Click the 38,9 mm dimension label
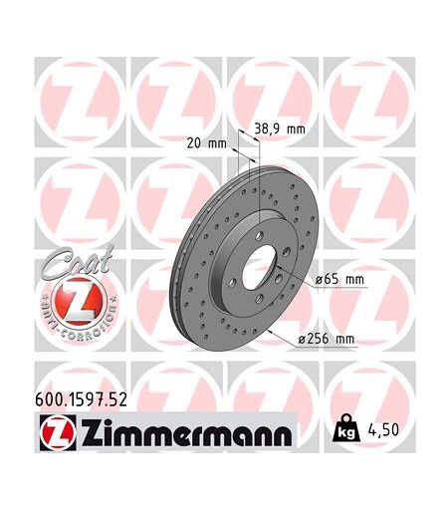280,128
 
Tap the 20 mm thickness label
207,143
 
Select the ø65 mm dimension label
339,279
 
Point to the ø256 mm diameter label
327,339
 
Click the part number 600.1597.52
81,400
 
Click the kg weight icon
345,428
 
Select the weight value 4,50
383,430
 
